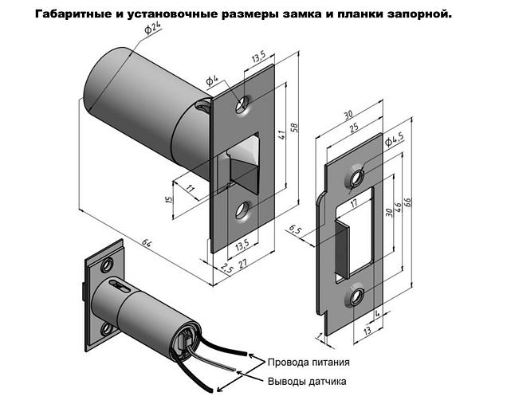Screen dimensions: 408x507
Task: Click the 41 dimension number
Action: click(x=281, y=134)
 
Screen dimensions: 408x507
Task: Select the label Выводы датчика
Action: click(x=306, y=381)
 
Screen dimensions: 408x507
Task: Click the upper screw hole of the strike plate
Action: click(x=356, y=176)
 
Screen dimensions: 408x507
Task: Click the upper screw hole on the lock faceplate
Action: click(x=242, y=104)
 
